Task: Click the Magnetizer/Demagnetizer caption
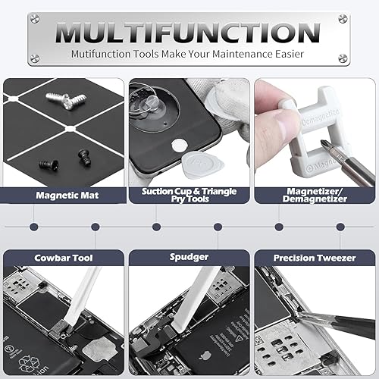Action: click(315, 194)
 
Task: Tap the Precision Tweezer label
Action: click(315, 258)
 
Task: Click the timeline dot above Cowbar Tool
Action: click(33, 227)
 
